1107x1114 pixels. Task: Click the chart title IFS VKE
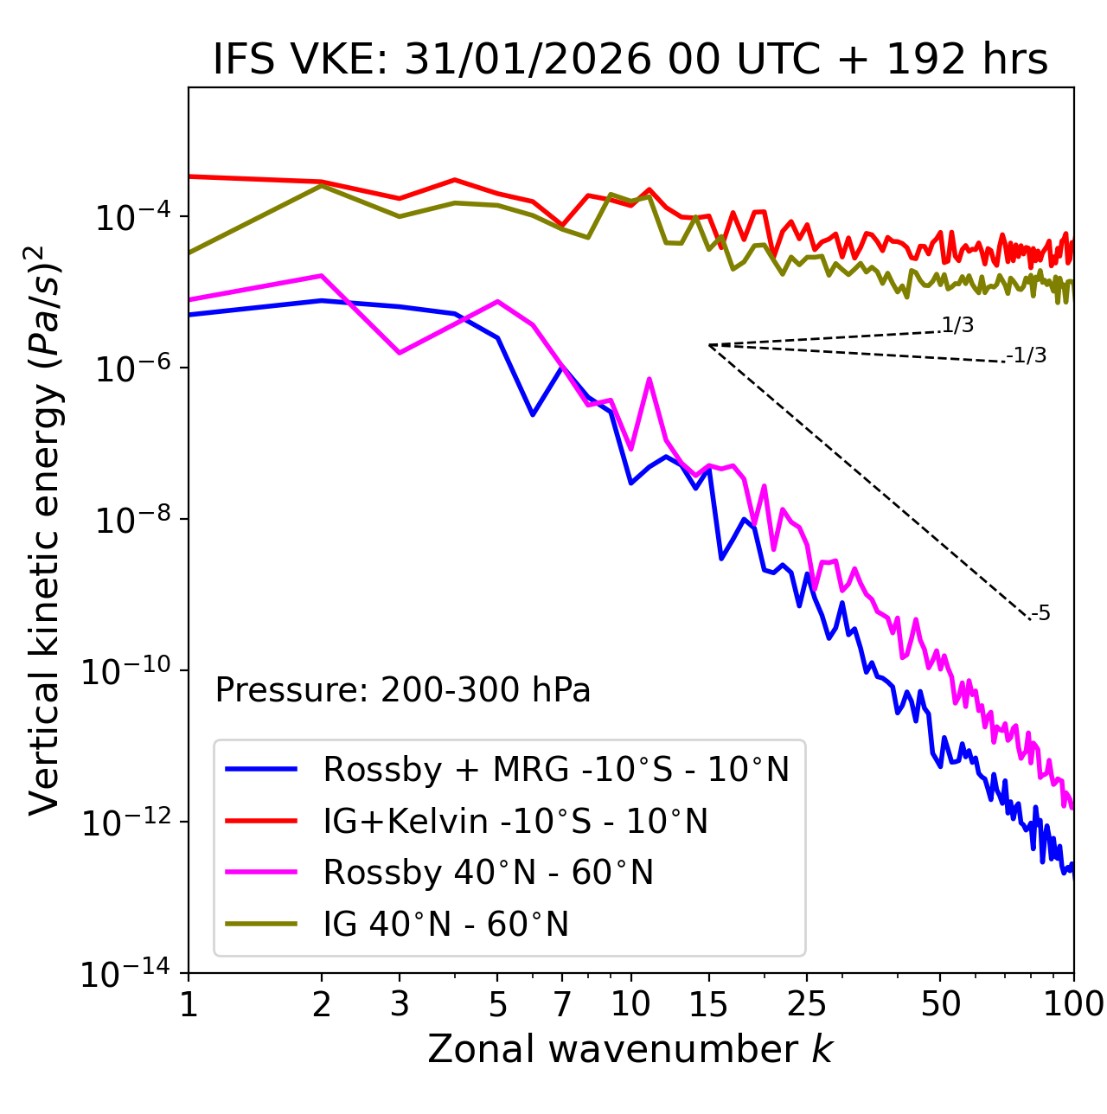click(x=630, y=60)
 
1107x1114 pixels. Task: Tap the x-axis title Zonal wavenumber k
click(x=630, y=1048)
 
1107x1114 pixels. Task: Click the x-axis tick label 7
click(x=562, y=1004)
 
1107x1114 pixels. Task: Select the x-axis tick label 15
click(x=708, y=1004)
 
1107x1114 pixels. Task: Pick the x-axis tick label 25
click(x=807, y=1004)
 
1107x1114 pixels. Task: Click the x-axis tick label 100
click(x=1073, y=1004)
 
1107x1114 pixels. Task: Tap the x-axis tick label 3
click(x=400, y=1004)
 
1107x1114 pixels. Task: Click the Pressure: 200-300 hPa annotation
click(x=402, y=690)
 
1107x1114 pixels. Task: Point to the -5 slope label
click(x=1040, y=614)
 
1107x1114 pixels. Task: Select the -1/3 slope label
click(x=1027, y=355)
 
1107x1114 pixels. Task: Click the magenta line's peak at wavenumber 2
click(x=322, y=276)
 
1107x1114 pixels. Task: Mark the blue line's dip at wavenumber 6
click(x=533, y=414)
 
